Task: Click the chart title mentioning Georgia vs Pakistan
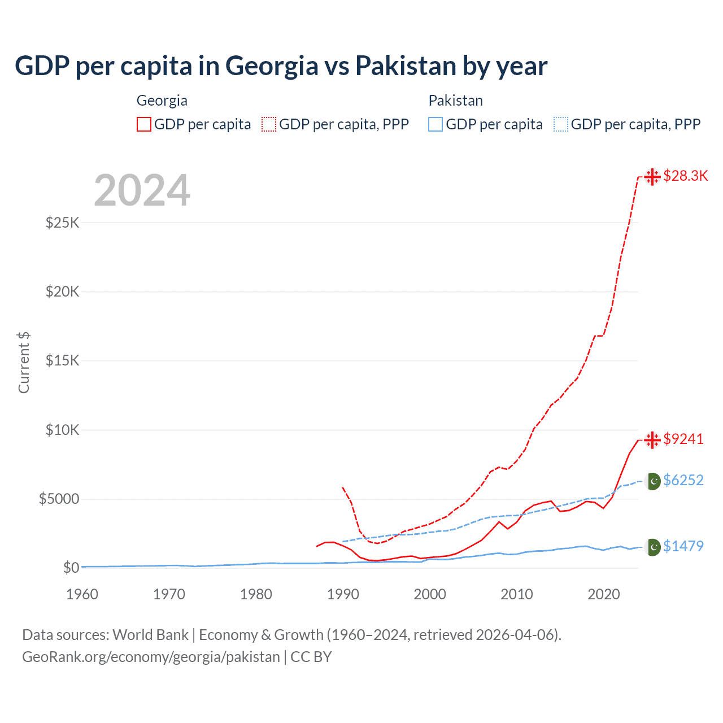[x=281, y=66]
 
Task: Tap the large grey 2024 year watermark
[x=142, y=190]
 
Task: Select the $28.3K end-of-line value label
[x=685, y=176]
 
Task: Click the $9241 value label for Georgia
[x=683, y=439]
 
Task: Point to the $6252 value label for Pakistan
[x=683, y=481]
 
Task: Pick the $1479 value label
[x=683, y=547]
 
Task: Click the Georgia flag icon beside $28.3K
[x=652, y=177]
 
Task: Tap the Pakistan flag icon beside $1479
[x=653, y=547]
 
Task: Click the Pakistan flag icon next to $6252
[x=653, y=481]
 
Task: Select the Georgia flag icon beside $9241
[x=652, y=440]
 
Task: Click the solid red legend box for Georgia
[x=144, y=124]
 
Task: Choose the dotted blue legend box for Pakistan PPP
[x=561, y=124]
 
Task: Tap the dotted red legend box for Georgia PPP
[x=269, y=124]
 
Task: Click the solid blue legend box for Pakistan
[x=435, y=124]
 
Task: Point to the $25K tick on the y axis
[x=63, y=223]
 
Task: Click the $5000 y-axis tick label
[x=59, y=499]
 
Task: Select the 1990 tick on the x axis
[x=343, y=594]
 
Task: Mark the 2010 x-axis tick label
[x=517, y=594]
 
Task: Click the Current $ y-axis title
[x=24, y=363]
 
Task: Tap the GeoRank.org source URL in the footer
[x=151, y=657]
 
